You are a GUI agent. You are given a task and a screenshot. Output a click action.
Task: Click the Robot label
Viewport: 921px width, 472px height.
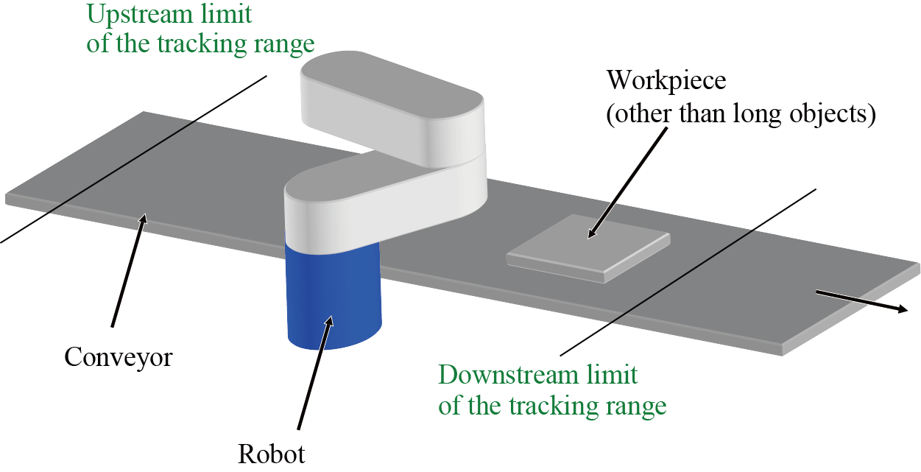[x=271, y=452]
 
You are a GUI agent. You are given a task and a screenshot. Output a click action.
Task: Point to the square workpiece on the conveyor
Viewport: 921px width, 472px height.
[x=589, y=247]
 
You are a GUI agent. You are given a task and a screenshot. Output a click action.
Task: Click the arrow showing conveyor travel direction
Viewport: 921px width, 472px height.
[x=861, y=301]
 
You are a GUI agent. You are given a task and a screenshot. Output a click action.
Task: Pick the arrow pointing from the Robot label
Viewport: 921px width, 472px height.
[x=315, y=372]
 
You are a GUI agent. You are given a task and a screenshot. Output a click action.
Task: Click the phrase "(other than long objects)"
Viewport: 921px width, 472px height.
[x=741, y=116]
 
